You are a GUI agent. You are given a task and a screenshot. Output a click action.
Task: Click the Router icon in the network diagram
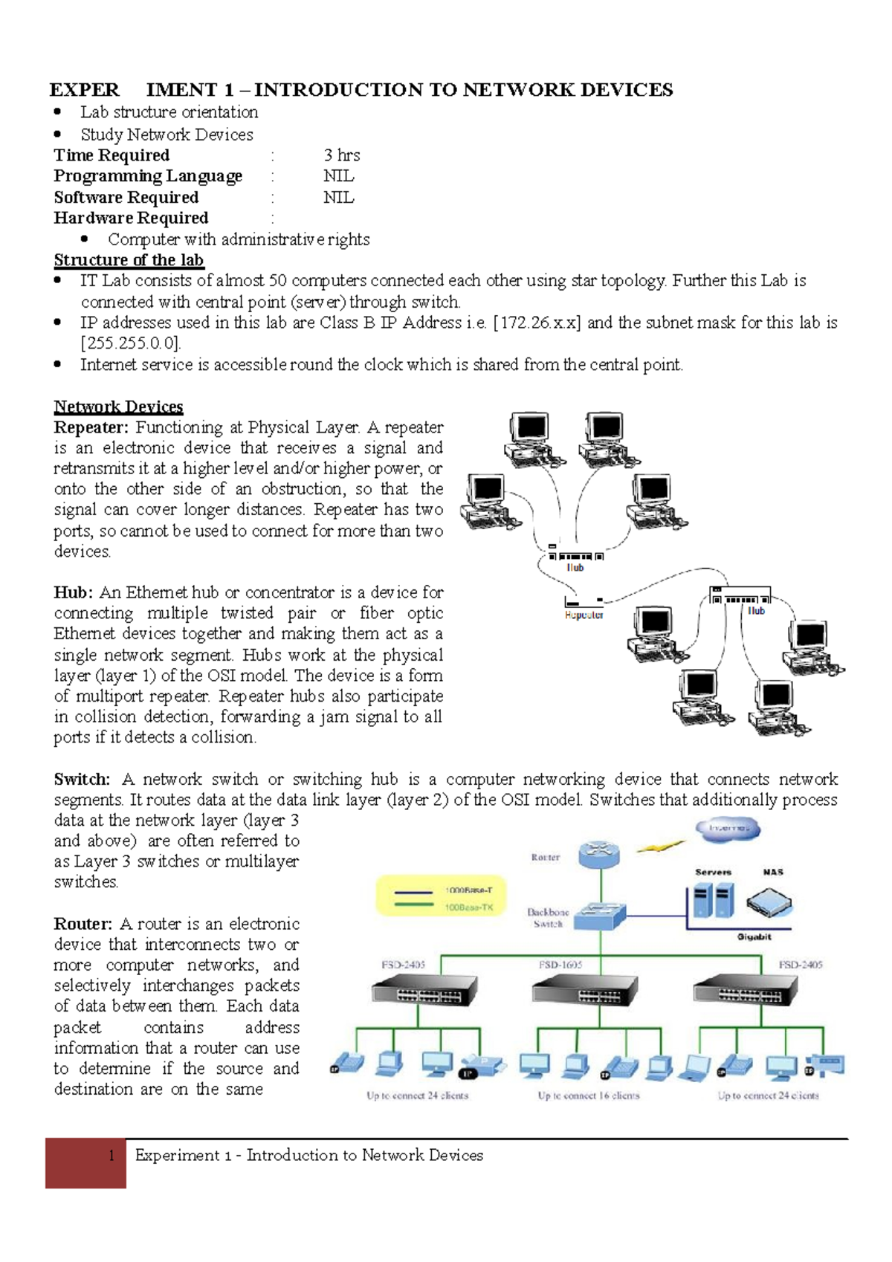(599, 855)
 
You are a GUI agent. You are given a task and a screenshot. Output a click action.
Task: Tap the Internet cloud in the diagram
(728, 828)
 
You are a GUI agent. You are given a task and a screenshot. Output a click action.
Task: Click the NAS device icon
(769, 903)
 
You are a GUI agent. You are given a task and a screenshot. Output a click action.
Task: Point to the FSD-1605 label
(560, 965)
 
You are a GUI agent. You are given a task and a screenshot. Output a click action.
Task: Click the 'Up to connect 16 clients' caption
(588, 1096)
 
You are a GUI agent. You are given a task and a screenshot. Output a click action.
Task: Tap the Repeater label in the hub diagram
(584, 615)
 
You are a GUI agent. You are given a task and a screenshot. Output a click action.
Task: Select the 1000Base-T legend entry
(468, 890)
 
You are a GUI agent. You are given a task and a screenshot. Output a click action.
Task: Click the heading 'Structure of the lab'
(129, 260)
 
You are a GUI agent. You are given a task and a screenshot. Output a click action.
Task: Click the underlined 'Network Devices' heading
(118, 407)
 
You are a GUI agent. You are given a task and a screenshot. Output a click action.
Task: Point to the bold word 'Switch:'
(82, 780)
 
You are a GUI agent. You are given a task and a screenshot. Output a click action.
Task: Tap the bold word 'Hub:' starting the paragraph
(73, 592)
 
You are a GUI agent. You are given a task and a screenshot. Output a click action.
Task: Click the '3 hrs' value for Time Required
(341, 155)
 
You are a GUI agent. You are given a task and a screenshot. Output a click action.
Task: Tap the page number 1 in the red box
(111, 1155)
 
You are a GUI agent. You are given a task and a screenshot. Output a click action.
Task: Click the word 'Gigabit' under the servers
(754, 936)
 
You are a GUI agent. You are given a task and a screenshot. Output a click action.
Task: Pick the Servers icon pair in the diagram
(713, 901)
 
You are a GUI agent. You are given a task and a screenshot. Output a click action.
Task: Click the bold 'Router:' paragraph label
(83, 924)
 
